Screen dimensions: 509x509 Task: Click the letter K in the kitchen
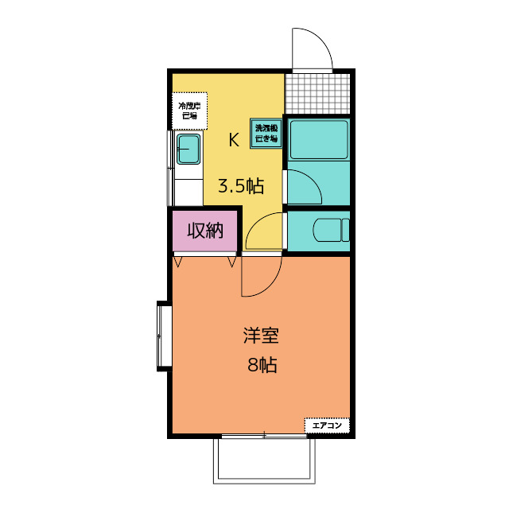point(234,140)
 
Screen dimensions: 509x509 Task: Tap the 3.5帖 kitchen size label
point(240,187)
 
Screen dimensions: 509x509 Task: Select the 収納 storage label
point(205,231)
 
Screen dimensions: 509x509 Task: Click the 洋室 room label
point(260,336)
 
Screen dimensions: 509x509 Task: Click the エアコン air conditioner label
point(327,426)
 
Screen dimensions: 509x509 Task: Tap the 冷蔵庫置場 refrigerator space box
point(189,110)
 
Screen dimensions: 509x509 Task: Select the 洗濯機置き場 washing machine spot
point(266,133)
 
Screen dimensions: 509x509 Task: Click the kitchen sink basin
point(189,148)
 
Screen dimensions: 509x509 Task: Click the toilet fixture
point(332,230)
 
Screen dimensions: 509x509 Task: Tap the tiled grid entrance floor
point(317,93)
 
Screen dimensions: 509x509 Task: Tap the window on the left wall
point(164,336)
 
